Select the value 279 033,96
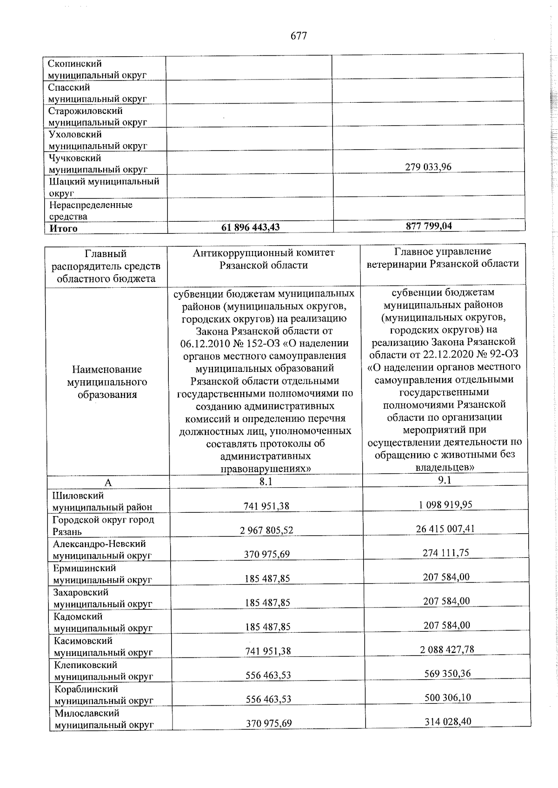(x=428, y=167)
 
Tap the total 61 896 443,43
(x=251, y=227)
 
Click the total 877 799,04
(x=429, y=226)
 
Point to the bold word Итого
(x=64, y=228)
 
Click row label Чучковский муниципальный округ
(x=98, y=164)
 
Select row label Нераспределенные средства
(x=91, y=211)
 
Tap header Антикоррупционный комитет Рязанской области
(x=264, y=259)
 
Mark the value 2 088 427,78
(x=447, y=649)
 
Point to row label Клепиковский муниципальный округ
(x=103, y=670)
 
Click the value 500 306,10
(x=448, y=698)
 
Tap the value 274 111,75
(x=446, y=553)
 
